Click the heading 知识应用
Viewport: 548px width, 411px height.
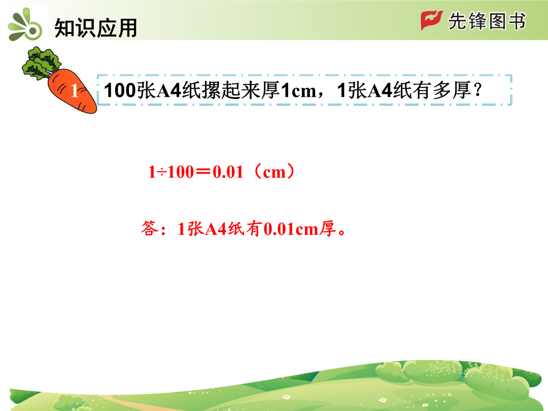(95, 28)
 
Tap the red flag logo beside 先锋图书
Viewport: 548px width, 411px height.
(432, 20)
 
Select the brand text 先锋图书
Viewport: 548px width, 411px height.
(487, 21)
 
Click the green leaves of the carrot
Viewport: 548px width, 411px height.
(42, 63)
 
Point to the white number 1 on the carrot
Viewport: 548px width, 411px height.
(75, 91)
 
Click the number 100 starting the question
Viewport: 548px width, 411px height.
(120, 90)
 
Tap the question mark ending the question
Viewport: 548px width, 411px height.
(477, 90)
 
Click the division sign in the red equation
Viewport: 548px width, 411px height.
(161, 172)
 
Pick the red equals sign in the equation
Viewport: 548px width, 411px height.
(203, 172)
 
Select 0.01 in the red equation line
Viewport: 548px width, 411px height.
(228, 172)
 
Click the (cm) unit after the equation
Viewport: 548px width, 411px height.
(274, 172)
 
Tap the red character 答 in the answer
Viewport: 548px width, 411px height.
(150, 228)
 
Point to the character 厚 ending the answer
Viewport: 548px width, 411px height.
(327, 228)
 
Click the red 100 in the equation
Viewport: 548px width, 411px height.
(181, 172)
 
